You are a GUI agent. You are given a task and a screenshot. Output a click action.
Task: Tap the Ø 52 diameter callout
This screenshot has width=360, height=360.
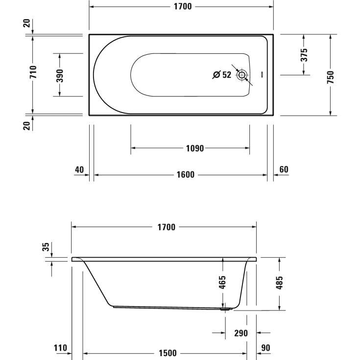click(x=222, y=75)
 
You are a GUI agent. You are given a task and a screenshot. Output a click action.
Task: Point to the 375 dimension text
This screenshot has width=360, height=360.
click(x=304, y=54)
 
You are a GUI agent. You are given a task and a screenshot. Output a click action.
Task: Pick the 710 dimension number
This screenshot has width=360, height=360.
click(x=33, y=72)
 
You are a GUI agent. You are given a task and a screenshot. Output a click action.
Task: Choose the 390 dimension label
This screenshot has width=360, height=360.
click(x=59, y=75)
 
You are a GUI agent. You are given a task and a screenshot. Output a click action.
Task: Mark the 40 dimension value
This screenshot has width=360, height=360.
click(x=79, y=170)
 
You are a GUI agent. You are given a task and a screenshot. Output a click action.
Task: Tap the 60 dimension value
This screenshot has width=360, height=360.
click(x=284, y=170)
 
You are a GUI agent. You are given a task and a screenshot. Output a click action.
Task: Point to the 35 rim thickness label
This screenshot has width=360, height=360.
click(x=46, y=247)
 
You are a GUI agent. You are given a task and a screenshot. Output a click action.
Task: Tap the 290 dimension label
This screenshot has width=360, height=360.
click(x=240, y=333)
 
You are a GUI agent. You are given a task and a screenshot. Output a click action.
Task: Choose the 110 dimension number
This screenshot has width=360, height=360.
click(x=60, y=348)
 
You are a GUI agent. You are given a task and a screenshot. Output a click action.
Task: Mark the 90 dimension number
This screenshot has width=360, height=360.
click(x=266, y=348)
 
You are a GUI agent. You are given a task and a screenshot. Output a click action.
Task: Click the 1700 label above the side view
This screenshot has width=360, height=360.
click(x=166, y=227)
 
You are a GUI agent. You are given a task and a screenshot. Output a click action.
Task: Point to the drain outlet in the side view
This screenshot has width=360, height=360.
click(x=225, y=309)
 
